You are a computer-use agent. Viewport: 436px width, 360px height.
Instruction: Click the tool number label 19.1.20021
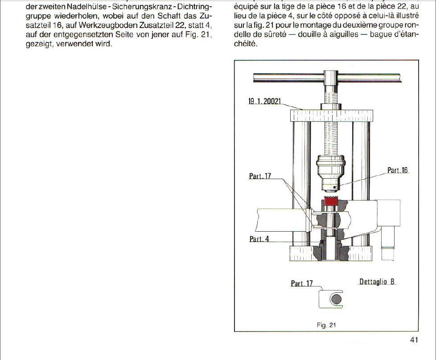(264, 102)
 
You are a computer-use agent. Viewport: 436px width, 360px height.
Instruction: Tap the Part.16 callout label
(398, 170)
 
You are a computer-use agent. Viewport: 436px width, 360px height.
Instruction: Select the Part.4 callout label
(259, 239)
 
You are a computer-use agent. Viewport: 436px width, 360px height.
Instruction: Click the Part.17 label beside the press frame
(260, 176)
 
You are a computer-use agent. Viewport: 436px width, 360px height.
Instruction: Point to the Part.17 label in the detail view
(302, 283)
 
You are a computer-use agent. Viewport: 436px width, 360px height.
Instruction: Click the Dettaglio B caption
(377, 282)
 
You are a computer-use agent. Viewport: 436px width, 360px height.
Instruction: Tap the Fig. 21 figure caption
(326, 325)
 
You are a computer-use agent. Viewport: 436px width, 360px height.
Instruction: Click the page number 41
(414, 340)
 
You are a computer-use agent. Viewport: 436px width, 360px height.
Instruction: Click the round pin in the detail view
(336, 299)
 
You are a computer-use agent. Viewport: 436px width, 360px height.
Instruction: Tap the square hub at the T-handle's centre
(330, 78)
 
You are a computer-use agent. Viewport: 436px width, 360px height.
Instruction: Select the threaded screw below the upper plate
(330, 138)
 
